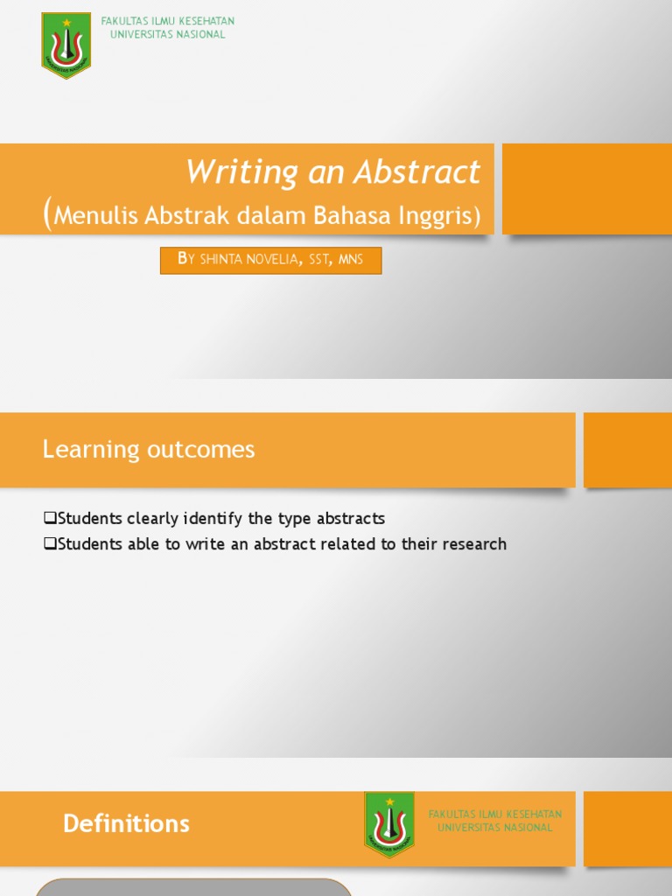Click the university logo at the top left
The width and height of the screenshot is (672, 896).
66,45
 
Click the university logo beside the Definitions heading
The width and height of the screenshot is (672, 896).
389,824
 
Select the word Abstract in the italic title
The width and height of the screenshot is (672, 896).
418,171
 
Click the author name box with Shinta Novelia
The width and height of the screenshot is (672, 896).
270,260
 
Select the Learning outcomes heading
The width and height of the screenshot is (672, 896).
149,450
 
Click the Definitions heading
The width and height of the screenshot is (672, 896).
126,823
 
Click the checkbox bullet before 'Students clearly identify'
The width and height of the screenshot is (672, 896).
50,519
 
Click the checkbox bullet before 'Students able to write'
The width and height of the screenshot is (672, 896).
50,544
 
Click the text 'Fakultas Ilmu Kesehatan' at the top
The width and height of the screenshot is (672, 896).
168,21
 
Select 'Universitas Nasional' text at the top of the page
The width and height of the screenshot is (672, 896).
168,34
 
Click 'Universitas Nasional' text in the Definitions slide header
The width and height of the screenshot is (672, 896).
495,828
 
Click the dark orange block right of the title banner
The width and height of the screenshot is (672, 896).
587,189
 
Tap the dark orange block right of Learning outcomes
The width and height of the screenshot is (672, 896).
627,450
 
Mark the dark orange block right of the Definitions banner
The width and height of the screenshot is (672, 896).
627,829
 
